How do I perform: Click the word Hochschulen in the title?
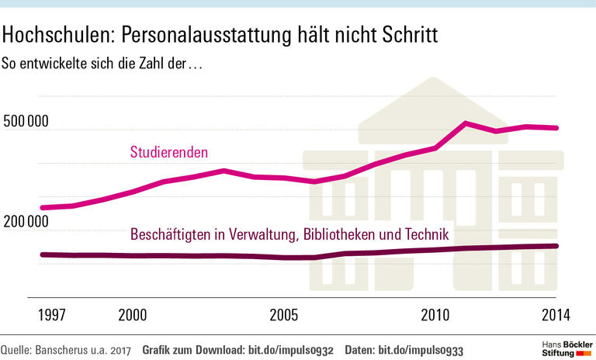click(x=54, y=35)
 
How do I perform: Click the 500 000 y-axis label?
click(x=26, y=122)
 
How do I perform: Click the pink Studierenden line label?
click(x=168, y=152)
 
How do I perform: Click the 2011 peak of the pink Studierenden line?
click(x=466, y=123)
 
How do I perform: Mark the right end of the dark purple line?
click(x=557, y=246)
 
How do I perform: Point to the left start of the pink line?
click(x=42, y=207)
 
